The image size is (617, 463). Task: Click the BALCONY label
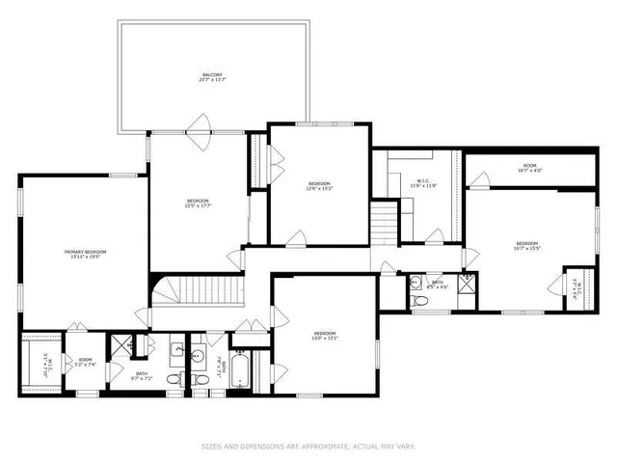point(212,76)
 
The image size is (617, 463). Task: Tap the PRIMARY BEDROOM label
point(85,255)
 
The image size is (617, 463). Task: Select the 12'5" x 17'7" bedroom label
point(198,204)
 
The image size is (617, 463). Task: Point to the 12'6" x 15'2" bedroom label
point(319,186)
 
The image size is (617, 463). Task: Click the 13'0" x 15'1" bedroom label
point(324,337)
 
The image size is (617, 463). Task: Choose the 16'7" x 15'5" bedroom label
point(526,245)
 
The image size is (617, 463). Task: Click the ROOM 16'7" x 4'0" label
point(529,168)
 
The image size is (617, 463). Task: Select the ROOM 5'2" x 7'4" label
point(85,362)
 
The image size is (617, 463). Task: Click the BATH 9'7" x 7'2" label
point(141,375)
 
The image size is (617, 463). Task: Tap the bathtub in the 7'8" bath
point(242,371)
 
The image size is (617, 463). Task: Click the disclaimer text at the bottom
point(308,446)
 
